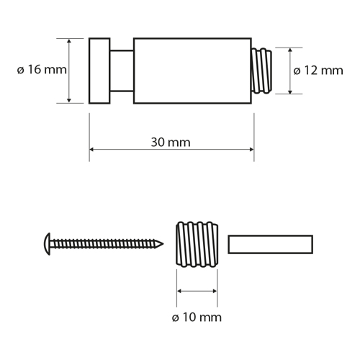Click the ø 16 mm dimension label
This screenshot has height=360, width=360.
pyautogui.click(x=41, y=70)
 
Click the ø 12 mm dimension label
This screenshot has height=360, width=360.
pyautogui.click(x=319, y=70)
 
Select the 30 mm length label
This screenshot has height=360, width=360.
pyautogui.click(x=171, y=142)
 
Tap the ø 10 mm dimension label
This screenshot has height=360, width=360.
pyautogui.click(x=197, y=317)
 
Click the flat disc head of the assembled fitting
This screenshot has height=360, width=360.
pyautogui.click(x=99, y=71)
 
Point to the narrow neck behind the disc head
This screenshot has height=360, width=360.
pyautogui.click(x=122, y=71)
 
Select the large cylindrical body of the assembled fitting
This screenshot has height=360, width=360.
pyautogui.click(x=192, y=71)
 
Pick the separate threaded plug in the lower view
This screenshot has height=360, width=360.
pyautogui.click(x=197, y=244)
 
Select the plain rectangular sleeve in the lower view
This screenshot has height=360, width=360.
pyautogui.click(x=271, y=244)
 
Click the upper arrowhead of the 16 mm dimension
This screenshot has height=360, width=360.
pyautogui.click(x=70, y=42)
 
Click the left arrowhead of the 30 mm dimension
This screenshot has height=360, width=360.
pyautogui.click(x=92, y=150)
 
